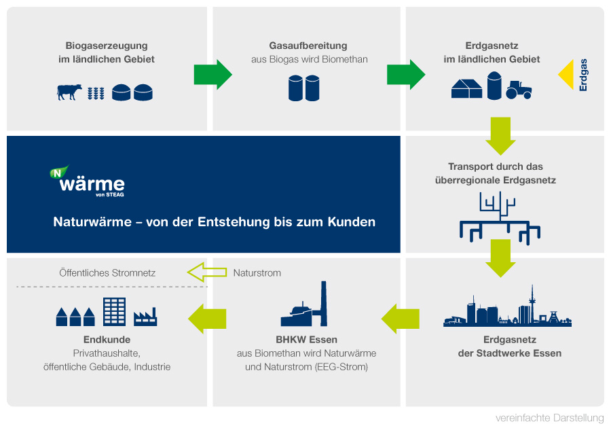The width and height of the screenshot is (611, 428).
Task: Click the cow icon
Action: pyautogui.click(x=69, y=92)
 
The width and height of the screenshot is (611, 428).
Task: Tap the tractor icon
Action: pyautogui.click(x=519, y=90)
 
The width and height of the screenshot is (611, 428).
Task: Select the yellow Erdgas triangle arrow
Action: pyautogui.click(x=566, y=75)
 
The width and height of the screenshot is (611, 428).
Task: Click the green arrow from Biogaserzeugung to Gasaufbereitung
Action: pyautogui.click(x=212, y=75)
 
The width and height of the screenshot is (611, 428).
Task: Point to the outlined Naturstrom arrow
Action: pyautogui.click(x=207, y=272)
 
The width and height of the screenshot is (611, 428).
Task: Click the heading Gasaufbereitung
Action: pyautogui.click(x=308, y=46)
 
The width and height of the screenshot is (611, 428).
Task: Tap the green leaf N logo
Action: pyautogui.click(x=58, y=172)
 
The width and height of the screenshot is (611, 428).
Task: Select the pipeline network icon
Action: pyautogui.click(x=500, y=218)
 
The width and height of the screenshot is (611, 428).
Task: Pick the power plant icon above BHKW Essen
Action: pyautogui.click(x=304, y=304)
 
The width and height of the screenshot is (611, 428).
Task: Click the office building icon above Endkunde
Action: pyautogui.click(x=115, y=311)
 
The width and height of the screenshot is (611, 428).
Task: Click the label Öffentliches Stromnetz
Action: pyautogui.click(x=107, y=273)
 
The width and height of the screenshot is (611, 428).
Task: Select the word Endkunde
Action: pyautogui.click(x=107, y=340)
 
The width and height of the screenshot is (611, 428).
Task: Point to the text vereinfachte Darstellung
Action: pyautogui.click(x=549, y=418)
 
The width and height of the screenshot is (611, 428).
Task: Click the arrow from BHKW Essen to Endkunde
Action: pyautogui.click(x=207, y=319)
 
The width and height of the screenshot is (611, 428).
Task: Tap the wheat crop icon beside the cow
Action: pyautogui.click(x=96, y=93)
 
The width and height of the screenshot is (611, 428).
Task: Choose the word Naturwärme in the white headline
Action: pyautogui.click(x=92, y=221)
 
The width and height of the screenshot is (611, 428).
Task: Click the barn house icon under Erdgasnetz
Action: pyautogui.click(x=467, y=88)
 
